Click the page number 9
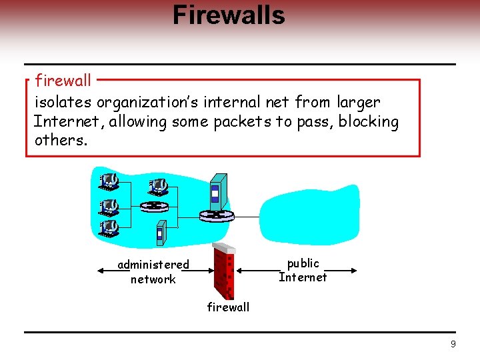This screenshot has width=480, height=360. [x=453, y=345]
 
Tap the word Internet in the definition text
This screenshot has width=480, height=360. [x=69, y=122]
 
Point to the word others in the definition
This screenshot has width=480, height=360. [x=59, y=141]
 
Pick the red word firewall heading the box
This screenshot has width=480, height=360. [x=63, y=81]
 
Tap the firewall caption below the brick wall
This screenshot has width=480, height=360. [x=228, y=307]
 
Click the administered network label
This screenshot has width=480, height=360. [x=153, y=272]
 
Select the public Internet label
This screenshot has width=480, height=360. [x=303, y=270]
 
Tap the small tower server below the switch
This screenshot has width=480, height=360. [x=160, y=231]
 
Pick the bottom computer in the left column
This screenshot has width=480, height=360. [x=109, y=228]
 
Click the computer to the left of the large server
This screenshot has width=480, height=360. [x=158, y=185]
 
